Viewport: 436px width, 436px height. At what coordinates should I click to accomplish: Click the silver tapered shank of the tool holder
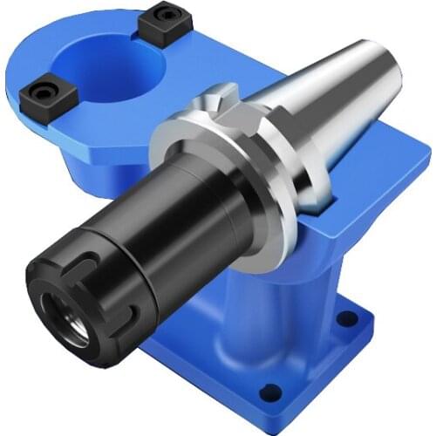tap(331, 96)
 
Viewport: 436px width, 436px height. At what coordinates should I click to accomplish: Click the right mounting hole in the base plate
tap(351, 317)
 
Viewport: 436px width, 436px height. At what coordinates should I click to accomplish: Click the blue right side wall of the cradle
tap(384, 201)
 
